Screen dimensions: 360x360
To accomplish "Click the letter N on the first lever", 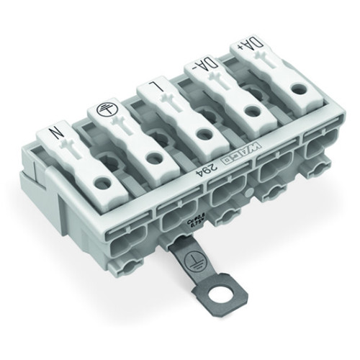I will (x=55, y=134).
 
